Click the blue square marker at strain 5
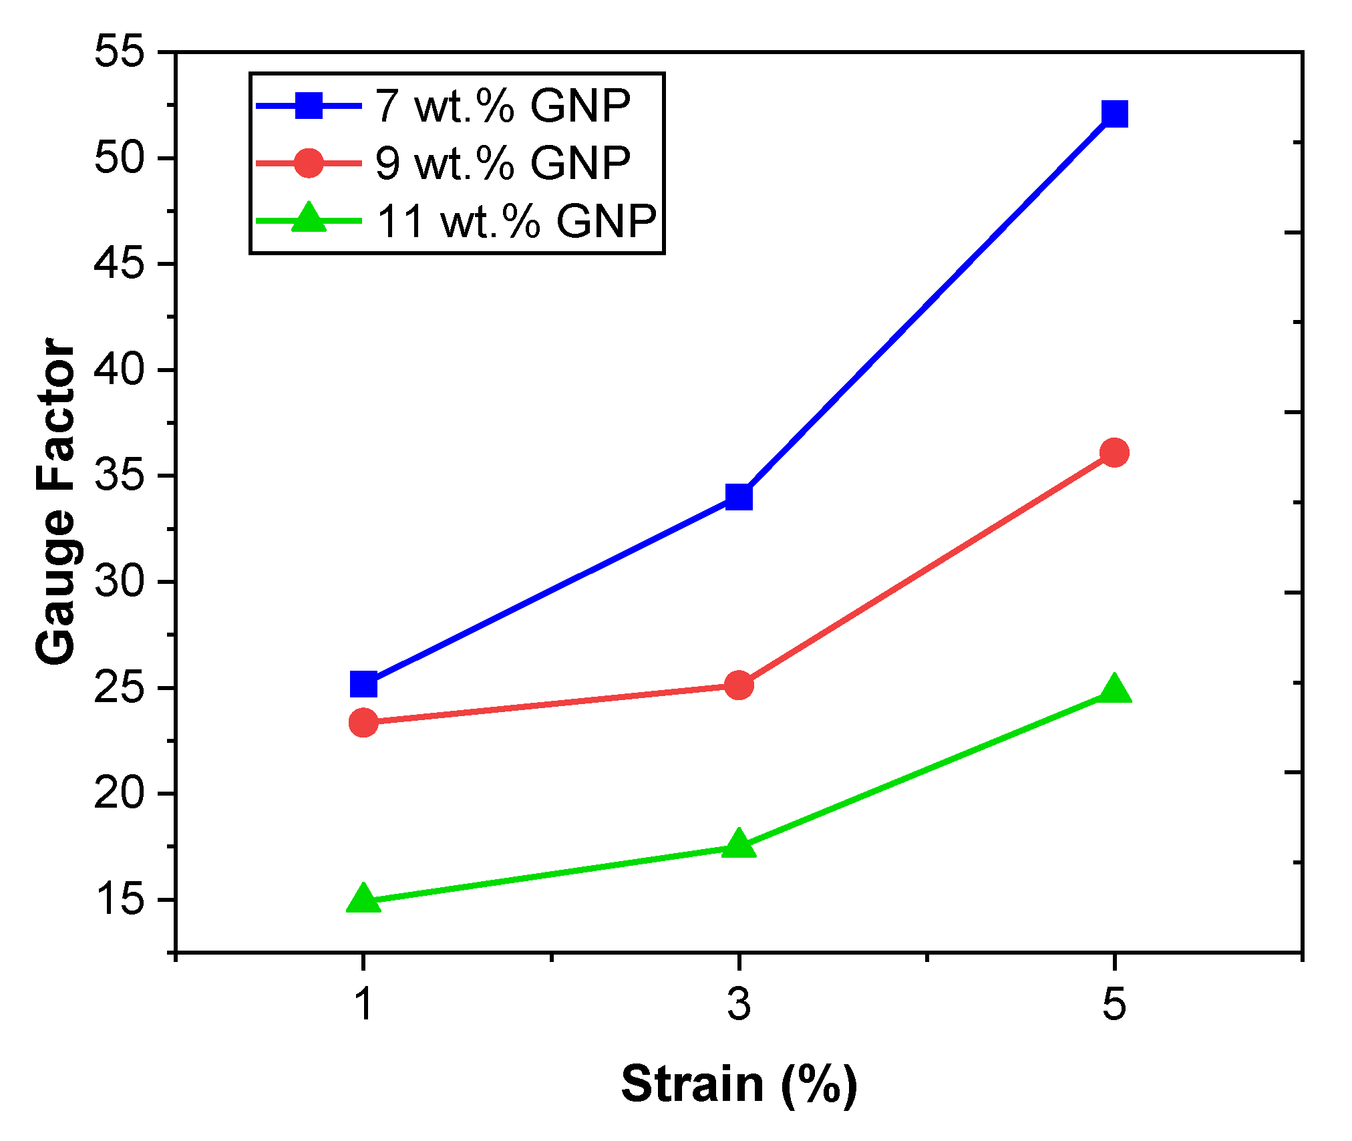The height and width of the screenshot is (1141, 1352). click(1114, 114)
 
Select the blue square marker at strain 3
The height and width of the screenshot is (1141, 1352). click(738, 496)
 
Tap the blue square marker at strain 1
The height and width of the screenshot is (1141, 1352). click(363, 684)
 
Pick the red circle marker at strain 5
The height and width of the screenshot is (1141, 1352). click(1114, 453)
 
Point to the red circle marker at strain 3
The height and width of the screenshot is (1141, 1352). click(738, 685)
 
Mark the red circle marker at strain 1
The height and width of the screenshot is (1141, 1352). click(363, 722)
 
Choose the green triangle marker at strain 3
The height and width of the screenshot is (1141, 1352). click(738, 844)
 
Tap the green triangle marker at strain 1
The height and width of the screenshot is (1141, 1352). click(363, 899)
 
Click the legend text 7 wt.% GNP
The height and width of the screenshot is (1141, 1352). click(502, 106)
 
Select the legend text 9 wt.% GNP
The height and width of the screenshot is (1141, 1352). click(502, 163)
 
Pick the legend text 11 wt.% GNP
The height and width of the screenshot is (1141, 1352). click(516, 221)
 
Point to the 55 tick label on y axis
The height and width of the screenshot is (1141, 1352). click(120, 52)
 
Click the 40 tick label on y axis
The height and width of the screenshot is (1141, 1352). click(120, 369)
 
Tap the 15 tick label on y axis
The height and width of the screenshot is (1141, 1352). click(120, 899)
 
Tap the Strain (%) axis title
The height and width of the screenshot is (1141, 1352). click(739, 1084)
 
